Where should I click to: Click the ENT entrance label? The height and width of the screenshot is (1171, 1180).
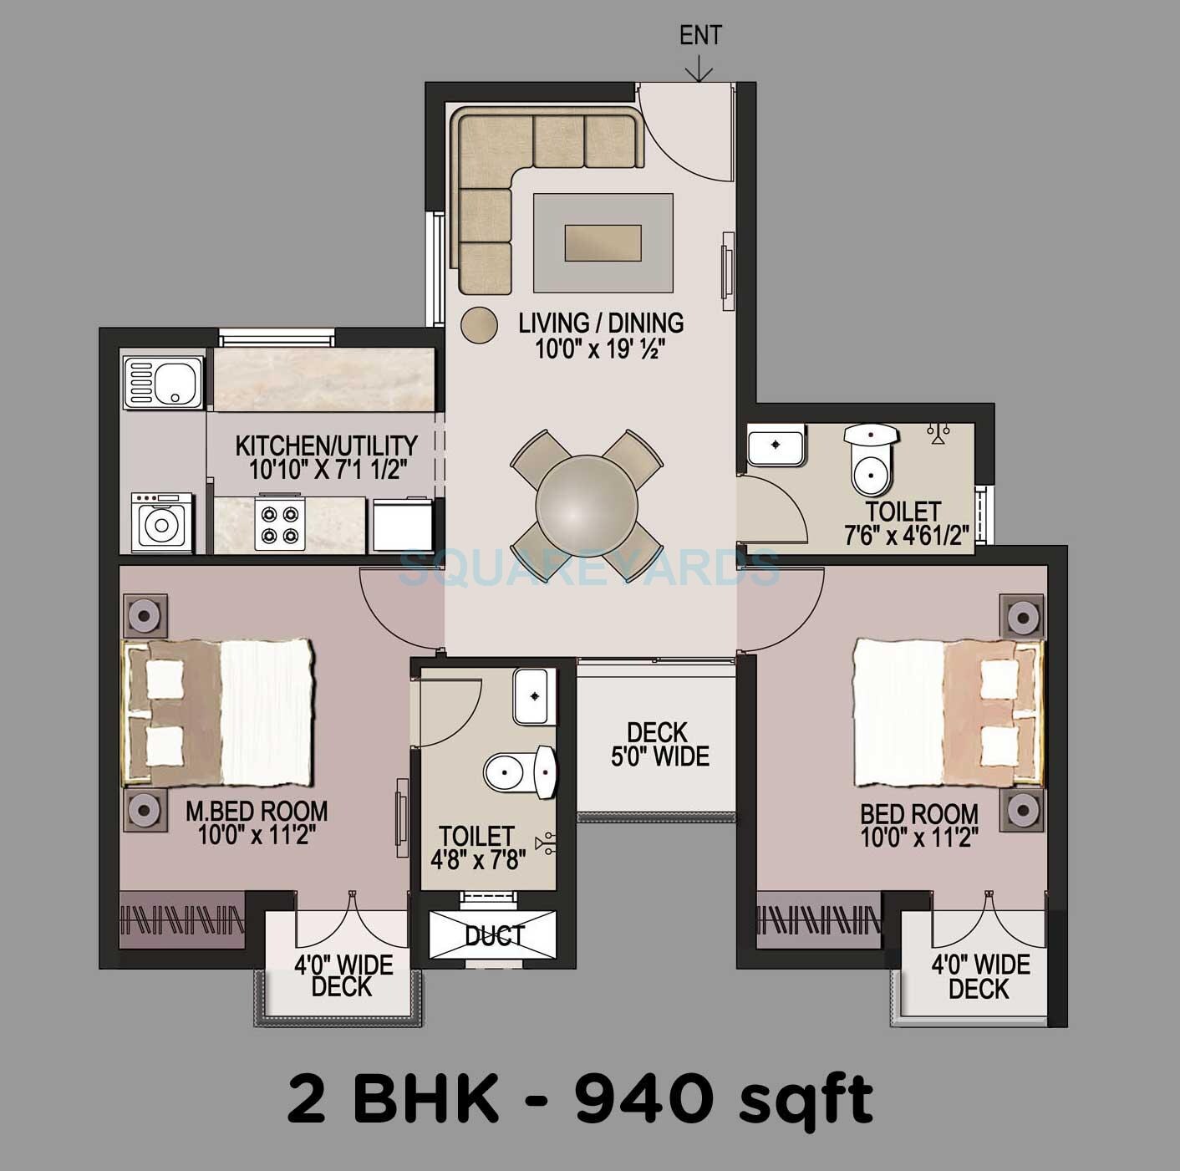pos(700,36)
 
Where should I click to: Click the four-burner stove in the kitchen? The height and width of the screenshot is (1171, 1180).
pos(278,525)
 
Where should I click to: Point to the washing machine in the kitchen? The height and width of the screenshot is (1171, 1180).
pos(160,522)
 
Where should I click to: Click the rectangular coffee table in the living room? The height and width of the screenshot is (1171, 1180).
pos(603,242)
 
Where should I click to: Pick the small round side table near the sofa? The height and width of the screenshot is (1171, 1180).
pos(479,323)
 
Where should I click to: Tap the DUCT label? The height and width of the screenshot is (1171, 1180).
pos(494,935)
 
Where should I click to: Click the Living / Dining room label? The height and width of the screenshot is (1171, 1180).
pos(600,334)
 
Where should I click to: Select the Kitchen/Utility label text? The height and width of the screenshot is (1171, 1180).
pos(327,456)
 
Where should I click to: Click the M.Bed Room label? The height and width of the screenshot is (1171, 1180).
pos(257,822)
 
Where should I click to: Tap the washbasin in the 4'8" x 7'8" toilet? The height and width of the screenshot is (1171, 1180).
pos(530,695)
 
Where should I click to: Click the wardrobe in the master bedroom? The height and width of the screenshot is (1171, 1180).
pos(183,919)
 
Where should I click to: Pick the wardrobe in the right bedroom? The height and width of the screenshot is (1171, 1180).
pos(818,919)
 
